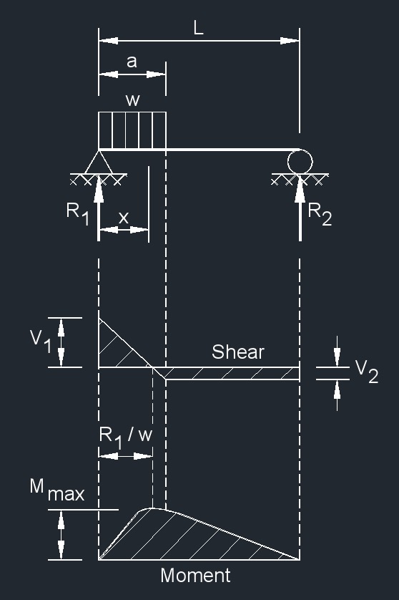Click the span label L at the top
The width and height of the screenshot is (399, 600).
198,28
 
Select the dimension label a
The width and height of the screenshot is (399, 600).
132,62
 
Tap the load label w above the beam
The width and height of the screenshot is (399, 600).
132,100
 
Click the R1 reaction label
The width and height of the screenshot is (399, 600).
78,213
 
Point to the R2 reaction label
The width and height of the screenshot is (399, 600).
320,213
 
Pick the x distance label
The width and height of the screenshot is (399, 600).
124,218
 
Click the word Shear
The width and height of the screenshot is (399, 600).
237,352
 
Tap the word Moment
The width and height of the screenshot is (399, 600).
195,575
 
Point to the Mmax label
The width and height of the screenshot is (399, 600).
56,490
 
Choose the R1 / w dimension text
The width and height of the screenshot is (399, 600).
126,435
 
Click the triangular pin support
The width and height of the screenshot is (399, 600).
99,162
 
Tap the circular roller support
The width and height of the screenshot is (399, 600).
300,161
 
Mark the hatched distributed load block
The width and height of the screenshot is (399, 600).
132,130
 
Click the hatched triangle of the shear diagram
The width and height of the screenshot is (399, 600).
114,349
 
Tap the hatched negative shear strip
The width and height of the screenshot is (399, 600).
232,373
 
